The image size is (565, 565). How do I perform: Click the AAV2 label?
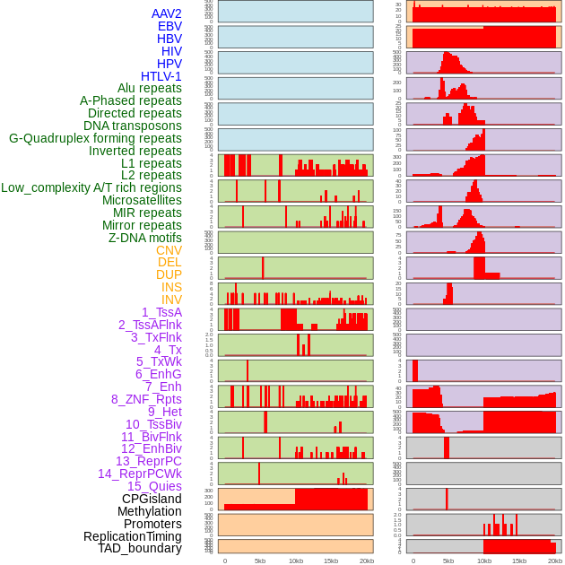pyautogui.click(x=166, y=13)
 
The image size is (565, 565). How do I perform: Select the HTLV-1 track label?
pyautogui.click(x=161, y=76)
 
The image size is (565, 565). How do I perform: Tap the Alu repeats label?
pyautogui.click(x=150, y=88)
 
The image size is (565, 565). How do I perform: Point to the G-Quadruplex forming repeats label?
pyautogui.click(x=95, y=138)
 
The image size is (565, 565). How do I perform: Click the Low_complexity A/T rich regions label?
pyautogui.click(x=91, y=187)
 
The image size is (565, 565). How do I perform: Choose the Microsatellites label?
pyautogui.click(x=142, y=200)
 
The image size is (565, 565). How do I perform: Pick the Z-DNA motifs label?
pyautogui.click(x=145, y=238)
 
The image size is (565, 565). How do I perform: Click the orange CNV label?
pyautogui.click(x=169, y=250)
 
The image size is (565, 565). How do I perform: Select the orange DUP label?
pyautogui.click(x=169, y=274)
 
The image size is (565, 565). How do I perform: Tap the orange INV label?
pyautogui.click(x=170, y=300)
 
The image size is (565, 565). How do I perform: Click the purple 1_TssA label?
pyautogui.click(x=161, y=312)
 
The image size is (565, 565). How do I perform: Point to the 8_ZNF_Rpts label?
pyautogui.click(x=146, y=399)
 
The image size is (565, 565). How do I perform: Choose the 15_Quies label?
pyautogui.click(x=154, y=486)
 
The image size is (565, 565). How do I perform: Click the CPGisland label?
pyautogui.click(x=152, y=499)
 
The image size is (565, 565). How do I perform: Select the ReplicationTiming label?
pyautogui.click(x=132, y=536)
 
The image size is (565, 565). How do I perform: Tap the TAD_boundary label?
pyautogui.click(x=139, y=548)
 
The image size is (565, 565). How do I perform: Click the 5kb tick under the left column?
pyautogui.click(x=260, y=561)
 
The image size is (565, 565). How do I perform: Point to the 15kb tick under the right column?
pyautogui.click(x=519, y=561)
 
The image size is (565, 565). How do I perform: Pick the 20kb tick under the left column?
pyautogui.click(x=366, y=561)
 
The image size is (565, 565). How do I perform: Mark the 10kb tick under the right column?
pyautogui.click(x=483, y=561)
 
